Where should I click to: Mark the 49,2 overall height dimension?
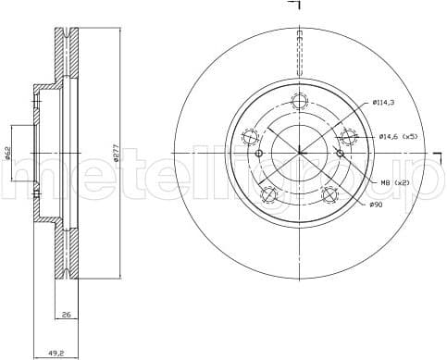click(x=56, y=353)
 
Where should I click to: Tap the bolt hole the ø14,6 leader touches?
click(x=348, y=138)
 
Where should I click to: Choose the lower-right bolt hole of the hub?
click(x=329, y=195)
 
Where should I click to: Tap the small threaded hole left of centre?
click(x=258, y=153)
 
